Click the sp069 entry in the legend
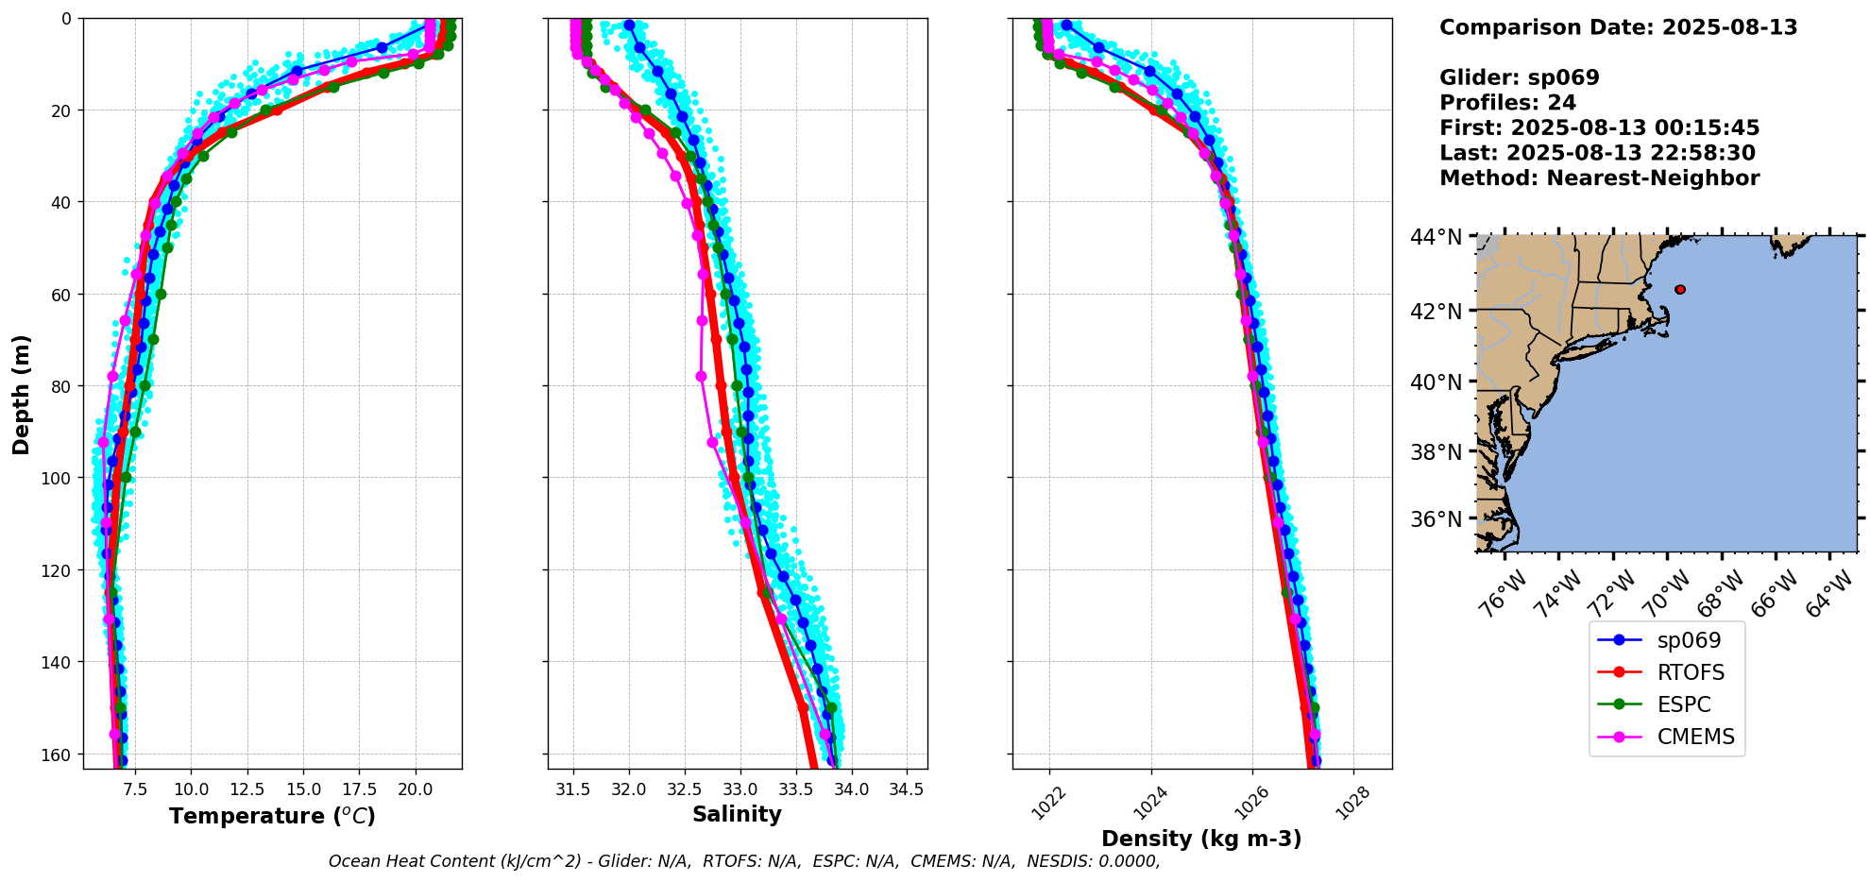tap(1689, 640)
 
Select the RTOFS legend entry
tap(1691, 672)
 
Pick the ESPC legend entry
tap(1684, 704)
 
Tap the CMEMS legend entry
tap(1695, 737)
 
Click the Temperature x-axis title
tap(272, 816)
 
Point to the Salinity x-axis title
tap(737, 814)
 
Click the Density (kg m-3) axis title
tap(1201, 839)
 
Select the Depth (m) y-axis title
tap(21, 394)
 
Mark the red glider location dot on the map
tap(1679, 290)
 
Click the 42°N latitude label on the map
tap(1436, 312)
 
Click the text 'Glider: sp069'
tap(1519, 77)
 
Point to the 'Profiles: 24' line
tap(1507, 103)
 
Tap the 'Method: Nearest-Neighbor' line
tap(1599, 178)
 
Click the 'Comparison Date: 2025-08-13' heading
tap(1618, 27)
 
